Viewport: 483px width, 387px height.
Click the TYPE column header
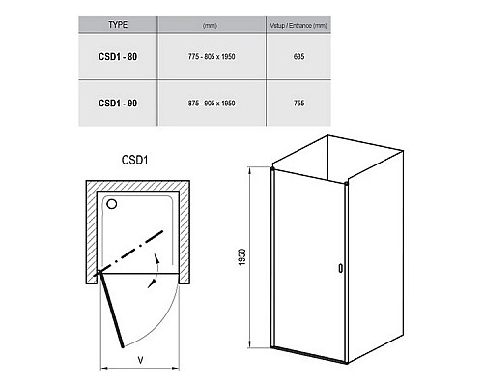pyautogui.click(x=118, y=25)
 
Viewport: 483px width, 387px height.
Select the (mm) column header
pyautogui.click(x=210, y=26)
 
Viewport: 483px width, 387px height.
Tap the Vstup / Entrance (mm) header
pyautogui.click(x=298, y=26)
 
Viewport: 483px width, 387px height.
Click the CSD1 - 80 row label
pyautogui.click(x=118, y=57)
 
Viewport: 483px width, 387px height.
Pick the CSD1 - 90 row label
pyautogui.click(x=118, y=104)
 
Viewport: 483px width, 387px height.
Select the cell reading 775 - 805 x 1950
pyautogui.click(x=212, y=57)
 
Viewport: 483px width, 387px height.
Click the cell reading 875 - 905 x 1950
pyautogui.click(x=212, y=104)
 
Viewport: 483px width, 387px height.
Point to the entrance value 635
pyautogui.click(x=298, y=57)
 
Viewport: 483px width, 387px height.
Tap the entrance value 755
pyautogui.click(x=298, y=104)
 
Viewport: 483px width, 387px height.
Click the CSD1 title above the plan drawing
pyautogui.click(x=134, y=160)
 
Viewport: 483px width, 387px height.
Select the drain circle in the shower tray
pyautogui.click(x=112, y=204)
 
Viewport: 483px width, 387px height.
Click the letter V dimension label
pyautogui.click(x=140, y=360)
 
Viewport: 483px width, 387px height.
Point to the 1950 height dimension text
pyautogui.click(x=242, y=257)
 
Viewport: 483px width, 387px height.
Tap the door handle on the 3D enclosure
pyautogui.click(x=341, y=268)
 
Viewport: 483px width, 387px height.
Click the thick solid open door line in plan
pyautogui.click(x=112, y=310)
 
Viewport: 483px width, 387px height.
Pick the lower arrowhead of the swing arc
pyautogui.click(x=152, y=283)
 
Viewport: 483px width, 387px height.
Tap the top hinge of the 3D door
pyautogui.click(x=273, y=168)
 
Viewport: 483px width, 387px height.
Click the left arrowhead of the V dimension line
pyautogui.click(x=103, y=368)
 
